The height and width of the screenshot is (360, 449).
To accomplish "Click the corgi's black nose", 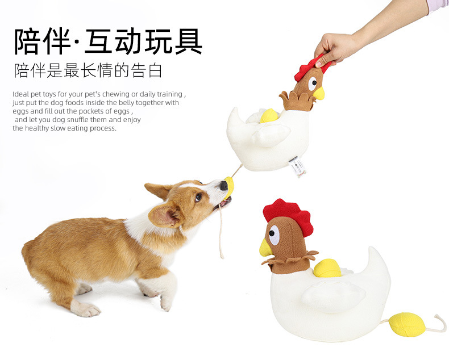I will pos(223,186).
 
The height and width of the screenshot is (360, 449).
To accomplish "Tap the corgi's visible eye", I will pos(197,197).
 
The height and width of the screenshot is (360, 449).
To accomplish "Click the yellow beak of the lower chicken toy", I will pos(265,248).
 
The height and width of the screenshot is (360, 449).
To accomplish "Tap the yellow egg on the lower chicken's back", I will pos(327,268).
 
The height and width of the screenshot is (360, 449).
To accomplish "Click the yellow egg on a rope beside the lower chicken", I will pos(407,325).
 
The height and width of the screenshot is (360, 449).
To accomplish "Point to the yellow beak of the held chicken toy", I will pos(319,93).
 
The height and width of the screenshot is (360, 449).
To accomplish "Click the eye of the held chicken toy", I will pos(313,83).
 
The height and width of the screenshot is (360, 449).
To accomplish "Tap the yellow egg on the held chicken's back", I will pos(269,116).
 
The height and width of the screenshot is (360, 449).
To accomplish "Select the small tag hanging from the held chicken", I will pos(296,166).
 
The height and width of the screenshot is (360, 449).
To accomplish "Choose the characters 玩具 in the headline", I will pos(174,41).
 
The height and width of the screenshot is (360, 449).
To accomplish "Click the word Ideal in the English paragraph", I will pos(21,94).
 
